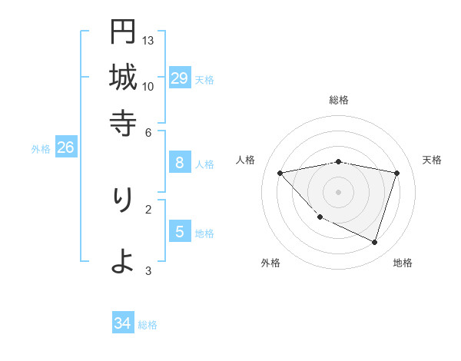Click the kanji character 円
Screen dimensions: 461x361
(122, 32)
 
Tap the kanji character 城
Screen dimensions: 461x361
(122, 77)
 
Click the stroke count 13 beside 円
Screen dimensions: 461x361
(148, 40)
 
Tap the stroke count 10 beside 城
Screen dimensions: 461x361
(148, 86)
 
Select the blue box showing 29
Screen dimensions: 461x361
(179, 78)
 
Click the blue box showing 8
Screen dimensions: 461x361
(179, 162)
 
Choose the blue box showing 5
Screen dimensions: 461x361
(179, 231)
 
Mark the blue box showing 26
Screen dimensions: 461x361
(65, 147)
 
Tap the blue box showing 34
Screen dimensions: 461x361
(122, 323)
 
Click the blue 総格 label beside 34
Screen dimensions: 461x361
(148, 325)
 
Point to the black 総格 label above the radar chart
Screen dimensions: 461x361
(339, 100)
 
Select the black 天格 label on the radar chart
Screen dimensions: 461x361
(433, 160)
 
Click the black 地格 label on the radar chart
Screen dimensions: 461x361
(403, 263)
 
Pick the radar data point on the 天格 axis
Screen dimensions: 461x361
(396, 173)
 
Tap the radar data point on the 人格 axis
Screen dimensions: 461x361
(280, 173)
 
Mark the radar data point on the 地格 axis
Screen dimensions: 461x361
(374, 242)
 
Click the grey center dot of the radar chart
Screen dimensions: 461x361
(339, 191)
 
